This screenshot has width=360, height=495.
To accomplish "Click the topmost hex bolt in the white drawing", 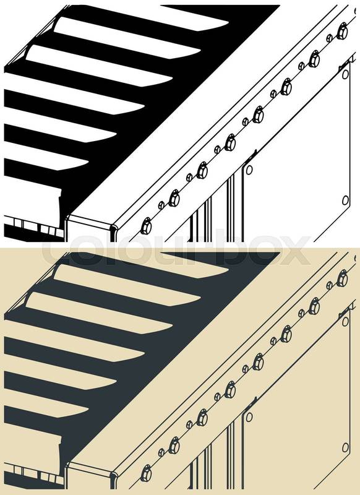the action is tap(342, 32).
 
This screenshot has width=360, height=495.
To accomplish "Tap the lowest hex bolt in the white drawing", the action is tap(146, 226).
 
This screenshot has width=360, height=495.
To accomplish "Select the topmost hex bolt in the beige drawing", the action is tap(342, 279).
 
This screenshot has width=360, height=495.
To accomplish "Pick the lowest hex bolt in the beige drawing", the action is tap(146, 473).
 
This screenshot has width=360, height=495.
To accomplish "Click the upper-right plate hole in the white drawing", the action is tap(346, 74).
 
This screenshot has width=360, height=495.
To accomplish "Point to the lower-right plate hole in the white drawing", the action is tap(346, 200).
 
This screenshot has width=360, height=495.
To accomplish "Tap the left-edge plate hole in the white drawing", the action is tap(249, 170).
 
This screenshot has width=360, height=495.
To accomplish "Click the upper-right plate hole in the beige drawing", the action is tap(346, 322).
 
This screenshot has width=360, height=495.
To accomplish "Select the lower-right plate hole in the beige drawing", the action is tap(346, 447).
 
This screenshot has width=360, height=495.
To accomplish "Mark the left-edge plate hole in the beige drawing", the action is tap(249, 417).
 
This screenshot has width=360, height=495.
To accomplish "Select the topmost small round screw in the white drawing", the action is tap(329, 38).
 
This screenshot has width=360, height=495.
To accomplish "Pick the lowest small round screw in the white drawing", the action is tap(161, 205).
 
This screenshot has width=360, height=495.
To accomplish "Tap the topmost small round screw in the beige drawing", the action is tap(329, 285).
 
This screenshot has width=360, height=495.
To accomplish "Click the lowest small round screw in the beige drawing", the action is tap(161, 452).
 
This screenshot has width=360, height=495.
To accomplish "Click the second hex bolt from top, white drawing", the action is tap(314, 59).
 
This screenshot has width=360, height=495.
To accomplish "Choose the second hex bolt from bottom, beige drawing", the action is tap(174, 445).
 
